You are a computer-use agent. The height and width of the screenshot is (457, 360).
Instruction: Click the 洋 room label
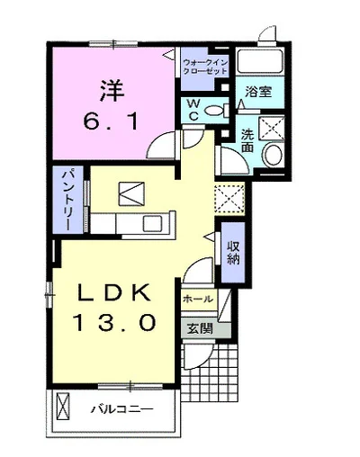(112, 91)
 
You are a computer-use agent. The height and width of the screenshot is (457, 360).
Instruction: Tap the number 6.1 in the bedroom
(111, 121)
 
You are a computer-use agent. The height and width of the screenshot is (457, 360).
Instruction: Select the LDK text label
(114, 292)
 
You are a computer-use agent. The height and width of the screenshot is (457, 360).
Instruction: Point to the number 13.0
(115, 322)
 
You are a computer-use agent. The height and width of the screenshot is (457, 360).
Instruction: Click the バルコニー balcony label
(121, 409)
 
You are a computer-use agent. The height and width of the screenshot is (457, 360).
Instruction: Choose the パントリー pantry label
(68, 201)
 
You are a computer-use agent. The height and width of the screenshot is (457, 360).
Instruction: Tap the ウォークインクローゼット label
(205, 67)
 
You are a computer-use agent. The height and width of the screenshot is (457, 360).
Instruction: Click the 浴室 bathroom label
(258, 92)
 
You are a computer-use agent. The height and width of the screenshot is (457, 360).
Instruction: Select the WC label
(193, 110)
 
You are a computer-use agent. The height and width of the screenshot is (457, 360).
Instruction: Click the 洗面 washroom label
(247, 140)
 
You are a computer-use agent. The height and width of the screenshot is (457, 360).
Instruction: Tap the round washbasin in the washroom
(272, 155)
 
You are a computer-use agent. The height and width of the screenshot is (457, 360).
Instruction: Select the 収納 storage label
(233, 253)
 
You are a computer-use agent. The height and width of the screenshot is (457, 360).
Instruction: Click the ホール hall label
(198, 299)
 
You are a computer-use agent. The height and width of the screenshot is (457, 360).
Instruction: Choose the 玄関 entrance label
(200, 328)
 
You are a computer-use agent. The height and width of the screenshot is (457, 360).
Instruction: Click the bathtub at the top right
(260, 61)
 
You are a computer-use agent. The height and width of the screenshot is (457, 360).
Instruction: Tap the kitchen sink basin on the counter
(152, 223)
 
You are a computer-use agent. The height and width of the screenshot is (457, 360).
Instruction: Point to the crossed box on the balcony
(63, 407)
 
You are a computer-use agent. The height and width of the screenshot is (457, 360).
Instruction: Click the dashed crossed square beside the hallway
(229, 198)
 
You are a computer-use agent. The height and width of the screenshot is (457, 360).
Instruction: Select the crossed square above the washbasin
(271, 128)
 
